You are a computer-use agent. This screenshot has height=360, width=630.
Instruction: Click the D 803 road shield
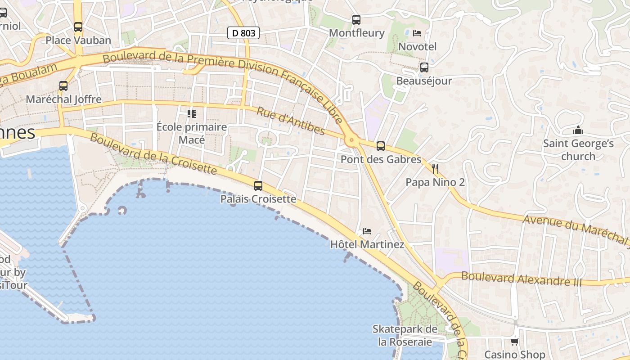coord(243,33)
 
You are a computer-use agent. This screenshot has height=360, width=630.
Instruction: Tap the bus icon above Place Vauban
coord(78,27)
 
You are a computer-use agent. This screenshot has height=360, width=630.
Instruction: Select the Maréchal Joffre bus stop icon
coord(63,86)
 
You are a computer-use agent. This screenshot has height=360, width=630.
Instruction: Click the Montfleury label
coord(356,33)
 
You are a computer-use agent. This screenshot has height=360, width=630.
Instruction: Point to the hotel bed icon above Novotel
coord(417,33)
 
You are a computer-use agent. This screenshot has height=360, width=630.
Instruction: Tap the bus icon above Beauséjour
coord(424,67)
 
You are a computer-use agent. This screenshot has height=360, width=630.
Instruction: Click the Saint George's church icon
coord(578,130)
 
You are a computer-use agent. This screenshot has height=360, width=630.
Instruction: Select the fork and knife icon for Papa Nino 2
coord(435,169)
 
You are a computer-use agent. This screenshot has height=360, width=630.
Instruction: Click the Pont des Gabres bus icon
coord(381,146)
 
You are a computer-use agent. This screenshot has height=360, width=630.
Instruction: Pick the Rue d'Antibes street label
coord(290,121)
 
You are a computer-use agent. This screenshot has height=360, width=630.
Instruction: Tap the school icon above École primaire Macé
coord(192,113)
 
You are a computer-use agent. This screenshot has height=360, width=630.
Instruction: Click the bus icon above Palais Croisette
coord(258,185)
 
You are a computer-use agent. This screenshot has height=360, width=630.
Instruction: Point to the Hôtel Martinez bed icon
coord(367,231)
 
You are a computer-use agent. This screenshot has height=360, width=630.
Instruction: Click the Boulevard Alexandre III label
coord(521,279)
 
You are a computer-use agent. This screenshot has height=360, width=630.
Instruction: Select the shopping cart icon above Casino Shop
coord(514,342)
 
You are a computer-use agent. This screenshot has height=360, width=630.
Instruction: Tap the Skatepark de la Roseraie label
coord(405,335)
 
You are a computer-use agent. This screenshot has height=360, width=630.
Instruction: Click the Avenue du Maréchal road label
coord(576,229)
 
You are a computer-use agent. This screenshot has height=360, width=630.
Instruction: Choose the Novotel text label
coord(417,46)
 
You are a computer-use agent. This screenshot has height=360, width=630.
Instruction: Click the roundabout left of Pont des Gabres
coord(351,141)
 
